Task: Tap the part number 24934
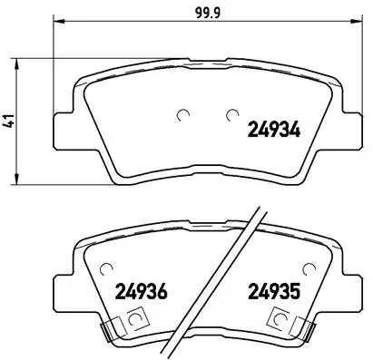tap(276, 129)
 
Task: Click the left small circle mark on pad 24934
tap(185, 114)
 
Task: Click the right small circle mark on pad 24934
tap(231, 114)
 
